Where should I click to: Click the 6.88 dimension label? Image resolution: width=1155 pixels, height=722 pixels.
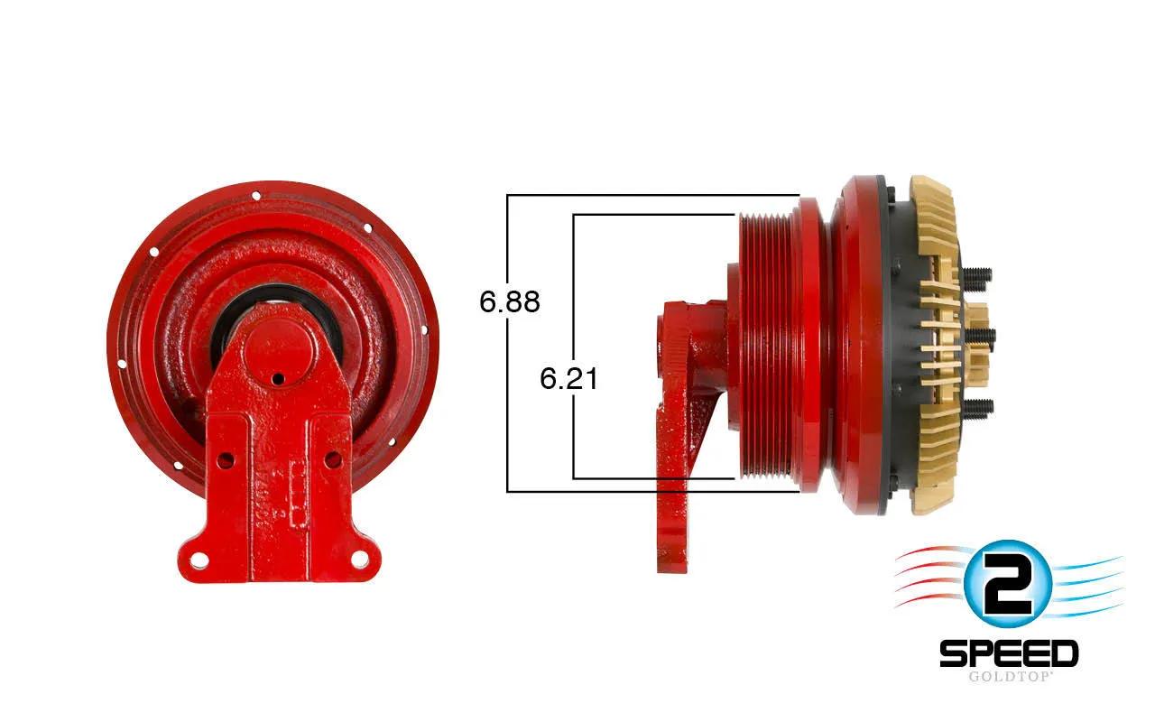pyautogui.click(x=510, y=301)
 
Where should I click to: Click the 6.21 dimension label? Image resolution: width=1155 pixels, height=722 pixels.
pyautogui.click(x=569, y=378)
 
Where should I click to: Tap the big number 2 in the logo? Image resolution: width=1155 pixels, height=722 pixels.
pyautogui.click(x=1007, y=584)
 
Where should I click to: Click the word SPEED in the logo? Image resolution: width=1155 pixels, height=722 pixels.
pyautogui.click(x=1009, y=653)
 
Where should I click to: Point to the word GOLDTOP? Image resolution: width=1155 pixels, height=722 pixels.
pyautogui.click(x=1009, y=677)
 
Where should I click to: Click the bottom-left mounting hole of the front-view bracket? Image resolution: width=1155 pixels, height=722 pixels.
pyautogui.click(x=200, y=560)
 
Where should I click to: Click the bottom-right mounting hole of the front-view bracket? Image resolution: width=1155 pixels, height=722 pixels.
pyautogui.click(x=359, y=559)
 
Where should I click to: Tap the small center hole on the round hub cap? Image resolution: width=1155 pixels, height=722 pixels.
pyautogui.click(x=278, y=380)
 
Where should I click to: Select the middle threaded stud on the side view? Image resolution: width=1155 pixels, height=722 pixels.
pyautogui.click(x=979, y=337)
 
